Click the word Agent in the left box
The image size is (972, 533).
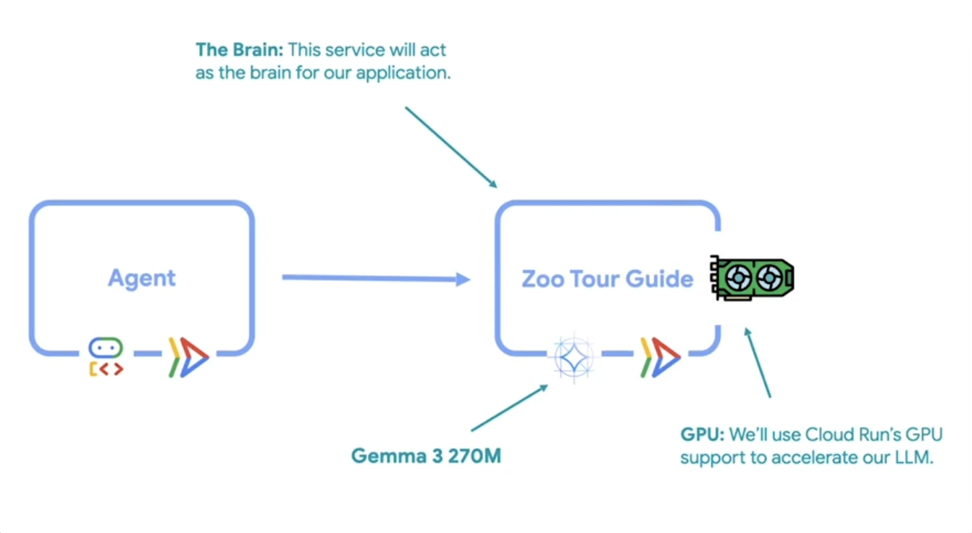142,278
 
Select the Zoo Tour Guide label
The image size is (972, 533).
607,279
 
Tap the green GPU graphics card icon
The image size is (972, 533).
752,278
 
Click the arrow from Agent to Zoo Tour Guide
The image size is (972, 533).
375,278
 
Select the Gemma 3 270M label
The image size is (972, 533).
426,456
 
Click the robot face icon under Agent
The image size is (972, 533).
106,348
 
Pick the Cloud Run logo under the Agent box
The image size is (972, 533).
188,357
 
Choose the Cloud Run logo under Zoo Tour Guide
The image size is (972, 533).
660,357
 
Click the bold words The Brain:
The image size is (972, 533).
239,51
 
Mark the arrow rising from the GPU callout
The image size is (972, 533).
758,363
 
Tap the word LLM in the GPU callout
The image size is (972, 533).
908,458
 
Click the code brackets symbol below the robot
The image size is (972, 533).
106,369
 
